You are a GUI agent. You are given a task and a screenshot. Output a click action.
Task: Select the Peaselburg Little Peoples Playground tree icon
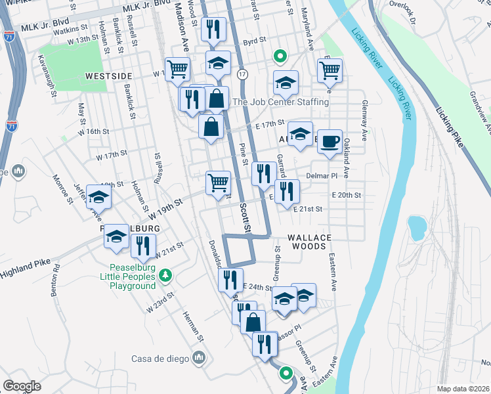point(167,274)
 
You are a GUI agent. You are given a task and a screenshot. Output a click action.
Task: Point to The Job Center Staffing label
point(280,102)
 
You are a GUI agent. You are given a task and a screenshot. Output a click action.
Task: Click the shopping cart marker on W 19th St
point(217,183)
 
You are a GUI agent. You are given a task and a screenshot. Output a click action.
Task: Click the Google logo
point(22,385)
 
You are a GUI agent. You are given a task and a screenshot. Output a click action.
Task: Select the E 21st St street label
point(309,209)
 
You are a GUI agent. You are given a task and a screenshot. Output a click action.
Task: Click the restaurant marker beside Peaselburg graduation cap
point(142,246)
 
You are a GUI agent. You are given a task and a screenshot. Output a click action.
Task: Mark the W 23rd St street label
point(161,301)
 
